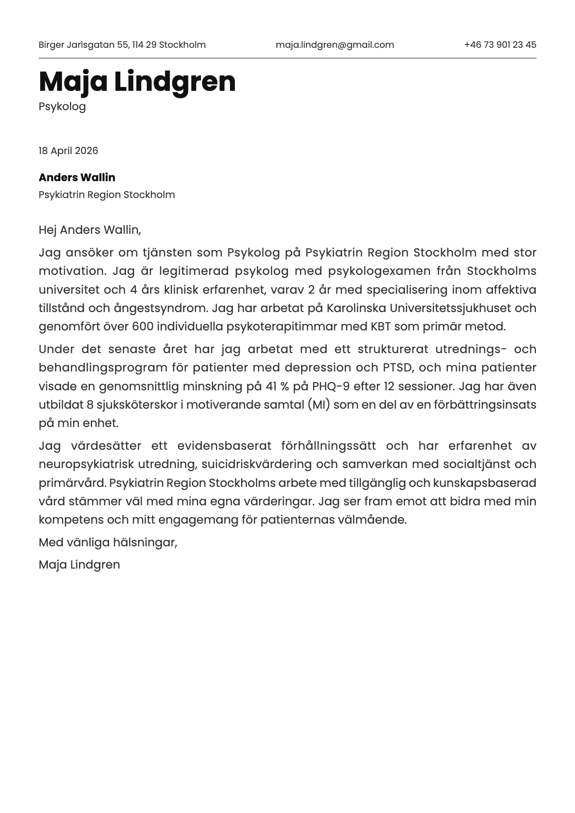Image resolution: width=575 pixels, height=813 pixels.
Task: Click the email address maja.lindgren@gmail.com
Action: (334, 45)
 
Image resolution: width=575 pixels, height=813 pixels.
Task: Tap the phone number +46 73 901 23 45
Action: (500, 45)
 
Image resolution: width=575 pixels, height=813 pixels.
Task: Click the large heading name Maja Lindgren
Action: (137, 82)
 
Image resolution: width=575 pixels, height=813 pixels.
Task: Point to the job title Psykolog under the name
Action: (62, 106)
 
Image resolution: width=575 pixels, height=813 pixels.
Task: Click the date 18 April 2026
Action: (68, 151)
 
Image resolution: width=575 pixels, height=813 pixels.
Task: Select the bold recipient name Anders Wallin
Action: (77, 177)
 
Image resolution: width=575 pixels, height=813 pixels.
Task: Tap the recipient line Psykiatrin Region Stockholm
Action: (106, 195)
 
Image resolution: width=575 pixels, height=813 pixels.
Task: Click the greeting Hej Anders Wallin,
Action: (89, 230)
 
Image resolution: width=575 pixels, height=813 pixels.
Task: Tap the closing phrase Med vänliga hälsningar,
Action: (108, 542)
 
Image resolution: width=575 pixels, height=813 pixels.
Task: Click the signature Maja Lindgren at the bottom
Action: (79, 565)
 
